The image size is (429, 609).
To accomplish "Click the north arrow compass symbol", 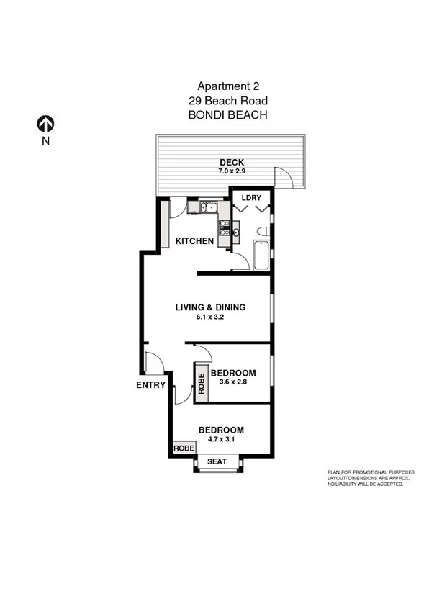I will [45, 124].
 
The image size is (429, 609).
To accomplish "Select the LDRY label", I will [250, 197].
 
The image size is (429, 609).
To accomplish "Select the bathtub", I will [260, 254].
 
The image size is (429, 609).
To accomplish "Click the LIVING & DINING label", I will [211, 307].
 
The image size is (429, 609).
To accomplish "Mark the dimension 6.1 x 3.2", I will [211, 317].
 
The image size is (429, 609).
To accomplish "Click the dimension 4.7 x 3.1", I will [221, 440].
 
